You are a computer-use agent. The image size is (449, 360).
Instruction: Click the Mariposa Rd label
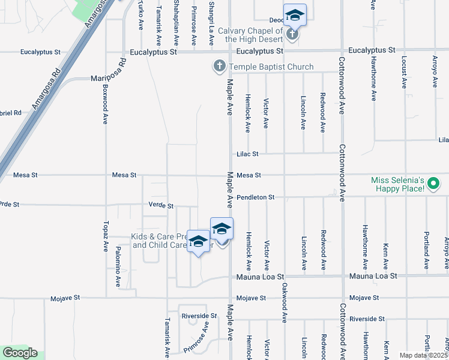[x=108, y=70]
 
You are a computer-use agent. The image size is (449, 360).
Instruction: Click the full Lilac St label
[x=247, y=154]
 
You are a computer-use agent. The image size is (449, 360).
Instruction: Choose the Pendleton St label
[x=255, y=197]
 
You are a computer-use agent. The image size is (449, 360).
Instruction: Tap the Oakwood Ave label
[x=284, y=302]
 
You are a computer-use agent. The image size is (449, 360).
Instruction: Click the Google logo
[x=20, y=353]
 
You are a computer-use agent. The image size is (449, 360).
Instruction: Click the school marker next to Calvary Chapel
[x=294, y=16]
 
